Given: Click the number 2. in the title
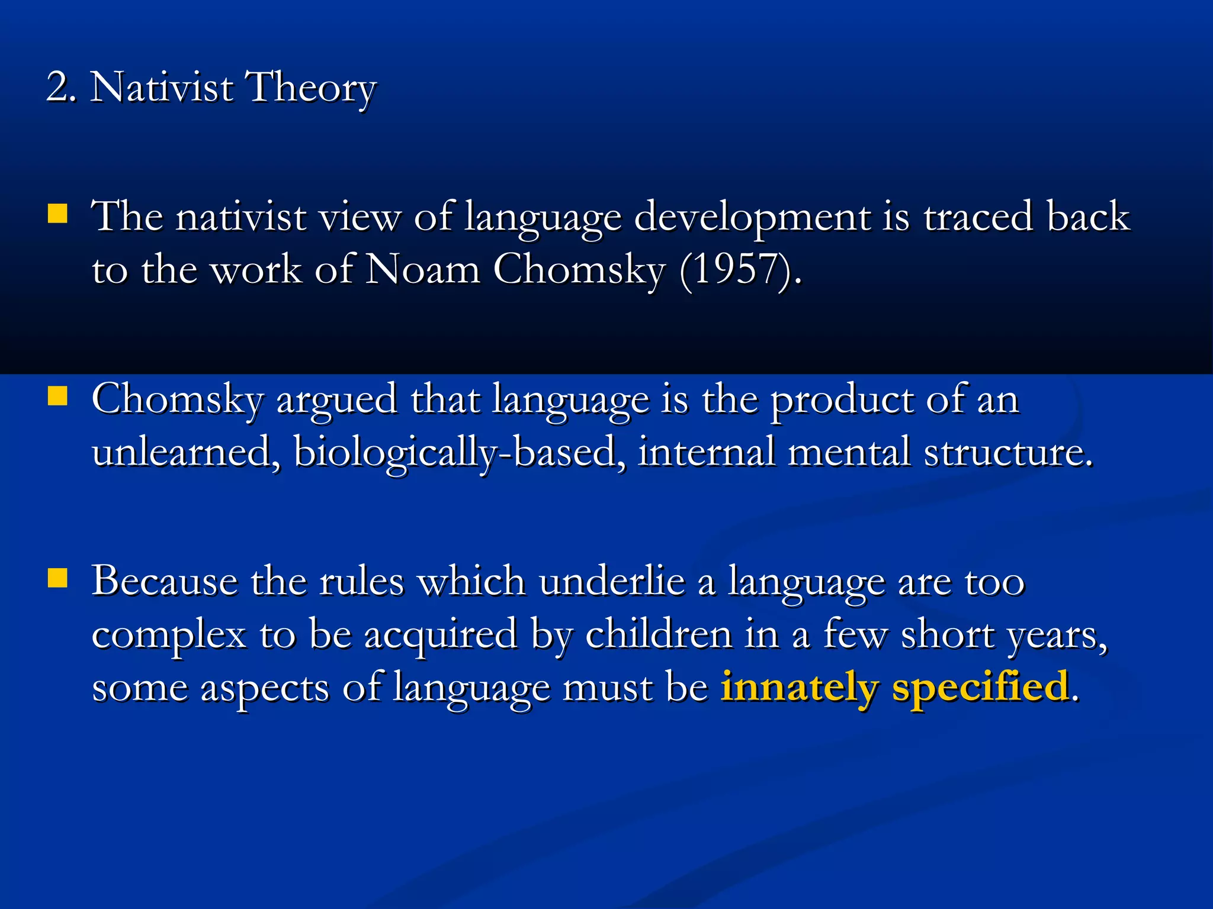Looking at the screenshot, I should click(x=60, y=88).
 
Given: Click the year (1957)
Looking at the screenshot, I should click(x=740, y=270).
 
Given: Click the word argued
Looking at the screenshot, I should click(x=336, y=400).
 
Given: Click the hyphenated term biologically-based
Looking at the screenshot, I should click(x=460, y=453).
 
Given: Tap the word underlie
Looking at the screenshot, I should click(x=612, y=581).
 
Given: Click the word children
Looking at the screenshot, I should click(x=659, y=634).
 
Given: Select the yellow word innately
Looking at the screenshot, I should click(x=799, y=688).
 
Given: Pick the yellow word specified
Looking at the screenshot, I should click(x=980, y=688).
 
